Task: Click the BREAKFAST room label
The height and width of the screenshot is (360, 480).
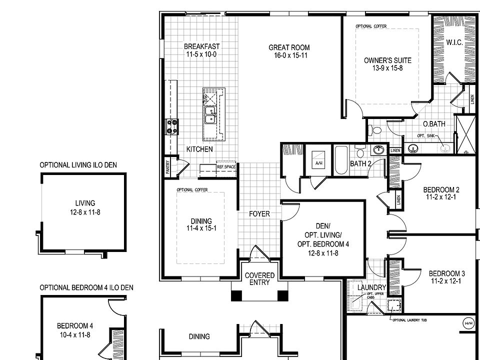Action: (x=201, y=46)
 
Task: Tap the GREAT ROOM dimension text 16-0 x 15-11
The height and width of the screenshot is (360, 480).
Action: (x=287, y=55)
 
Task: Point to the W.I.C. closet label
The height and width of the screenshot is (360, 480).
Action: (x=454, y=43)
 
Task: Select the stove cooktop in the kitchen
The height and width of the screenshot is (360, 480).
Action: (x=172, y=126)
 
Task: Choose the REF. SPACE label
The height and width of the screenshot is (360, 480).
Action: (x=226, y=166)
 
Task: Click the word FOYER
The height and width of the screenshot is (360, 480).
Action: (x=259, y=214)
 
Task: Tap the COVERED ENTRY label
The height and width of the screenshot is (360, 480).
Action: (x=259, y=279)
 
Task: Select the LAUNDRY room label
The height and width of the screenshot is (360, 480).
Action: (x=371, y=287)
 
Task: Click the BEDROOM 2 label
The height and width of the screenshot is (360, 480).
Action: (x=441, y=189)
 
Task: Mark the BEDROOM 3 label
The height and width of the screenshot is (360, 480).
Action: (x=446, y=273)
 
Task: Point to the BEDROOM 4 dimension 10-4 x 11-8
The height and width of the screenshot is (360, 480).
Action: (x=74, y=334)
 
